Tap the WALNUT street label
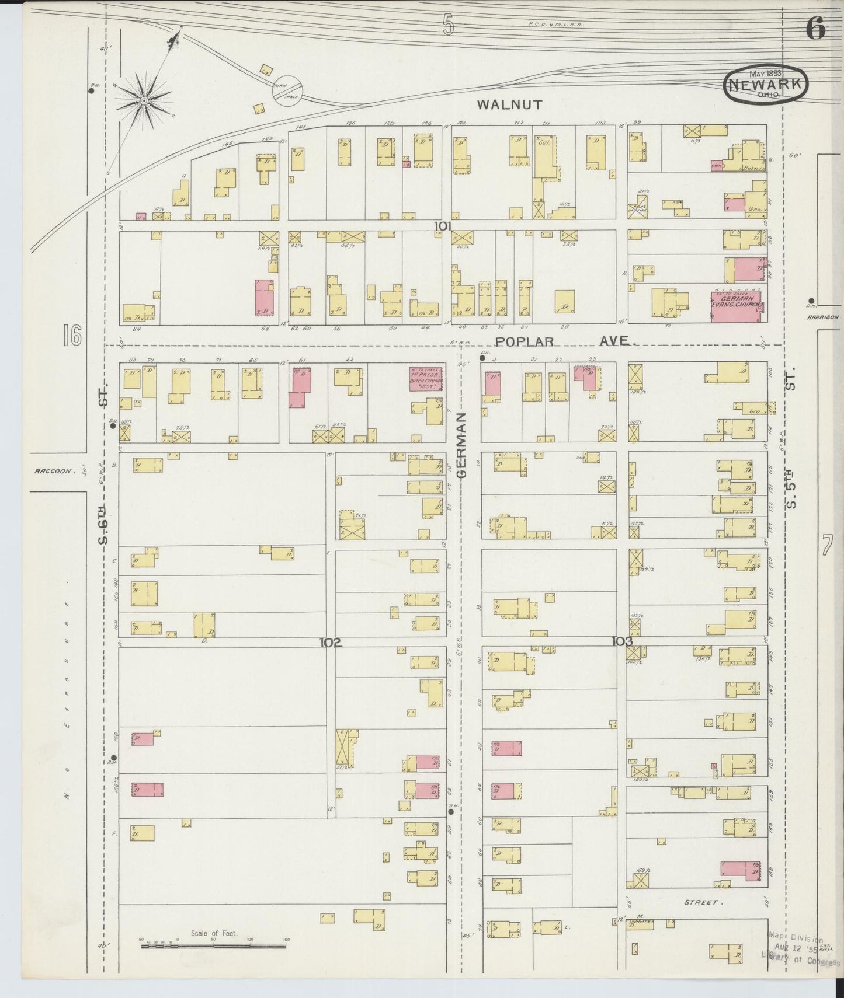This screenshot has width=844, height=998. tap(509, 105)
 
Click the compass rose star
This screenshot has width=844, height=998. tap(144, 100)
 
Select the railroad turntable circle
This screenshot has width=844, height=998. tap(287, 90)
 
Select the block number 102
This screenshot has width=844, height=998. tap(330, 643)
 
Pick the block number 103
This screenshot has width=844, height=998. tap(622, 641)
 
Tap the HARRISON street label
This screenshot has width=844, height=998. tap(824, 317)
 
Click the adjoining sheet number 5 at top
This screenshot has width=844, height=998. tap(447, 25)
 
